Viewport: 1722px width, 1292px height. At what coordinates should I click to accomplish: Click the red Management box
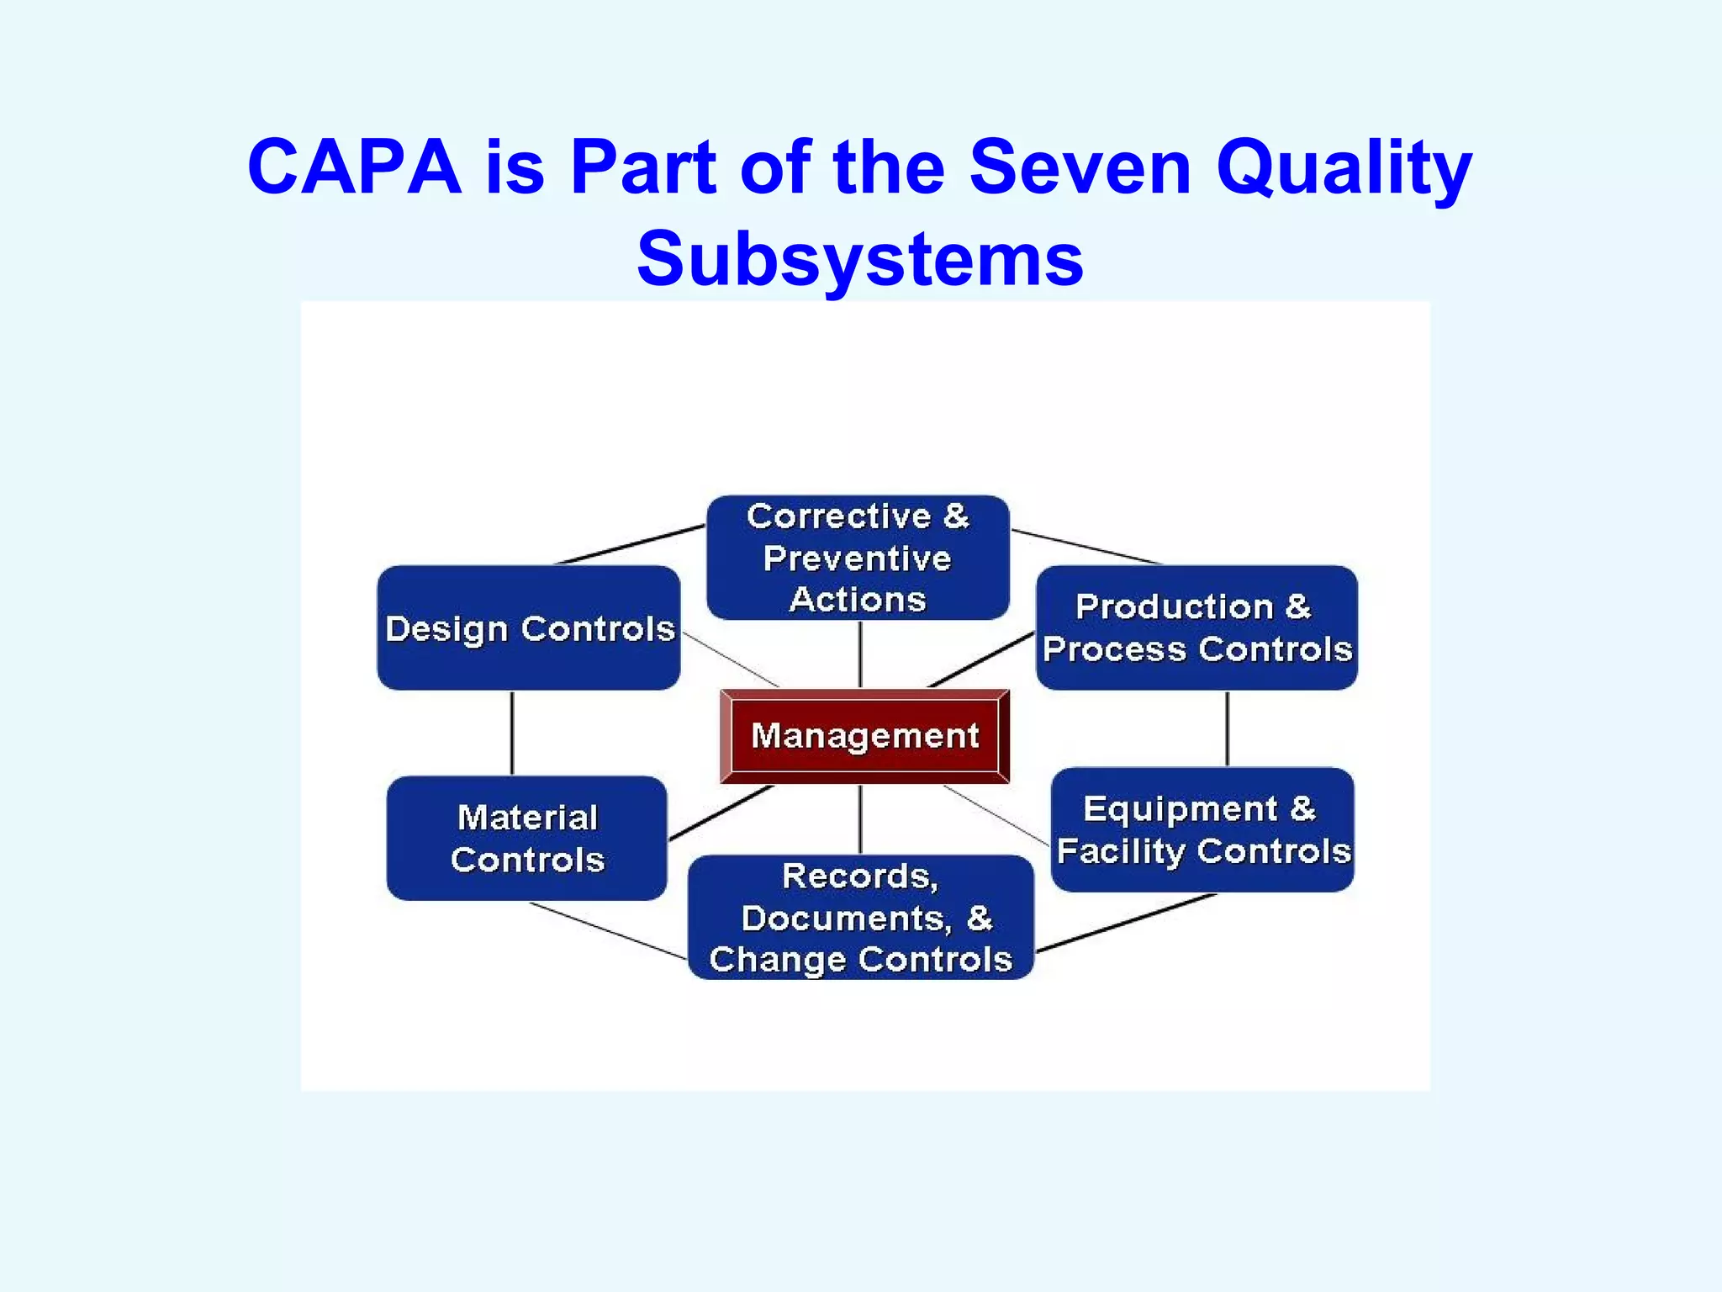click(x=864, y=736)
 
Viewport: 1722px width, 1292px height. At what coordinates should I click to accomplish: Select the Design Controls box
click(x=529, y=628)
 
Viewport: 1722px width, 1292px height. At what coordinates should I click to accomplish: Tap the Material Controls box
click(x=527, y=838)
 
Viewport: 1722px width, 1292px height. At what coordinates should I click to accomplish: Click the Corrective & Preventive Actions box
click(x=858, y=558)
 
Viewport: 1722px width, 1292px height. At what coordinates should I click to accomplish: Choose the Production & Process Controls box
click(x=1196, y=627)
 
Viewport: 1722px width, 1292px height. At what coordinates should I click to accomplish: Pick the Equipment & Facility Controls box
click(x=1202, y=829)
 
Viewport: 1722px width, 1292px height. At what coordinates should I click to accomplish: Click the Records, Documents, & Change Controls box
click(x=860, y=917)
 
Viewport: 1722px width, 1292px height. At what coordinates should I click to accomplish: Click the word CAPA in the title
click(x=354, y=167)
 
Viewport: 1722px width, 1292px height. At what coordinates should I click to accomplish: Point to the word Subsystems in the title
click(x=860, y=258)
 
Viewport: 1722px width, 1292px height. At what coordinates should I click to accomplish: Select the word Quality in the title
click(x=1344, y=169)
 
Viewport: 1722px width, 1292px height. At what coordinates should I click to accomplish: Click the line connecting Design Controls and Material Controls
click(x=512, y=733)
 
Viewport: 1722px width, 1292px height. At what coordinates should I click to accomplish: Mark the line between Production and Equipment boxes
click(x=1228, y=728)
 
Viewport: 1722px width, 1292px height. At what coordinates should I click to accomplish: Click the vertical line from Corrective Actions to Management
click(x=859, y=654)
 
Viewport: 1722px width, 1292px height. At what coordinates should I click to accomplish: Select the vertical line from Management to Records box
click(x=859, y=818)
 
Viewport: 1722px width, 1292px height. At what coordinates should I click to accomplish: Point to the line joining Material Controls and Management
click(x=721, y=813)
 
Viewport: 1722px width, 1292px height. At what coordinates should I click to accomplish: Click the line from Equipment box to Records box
click(x=1127, y=924)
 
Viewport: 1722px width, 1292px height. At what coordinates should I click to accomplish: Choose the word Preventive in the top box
click(x=858, y=559)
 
